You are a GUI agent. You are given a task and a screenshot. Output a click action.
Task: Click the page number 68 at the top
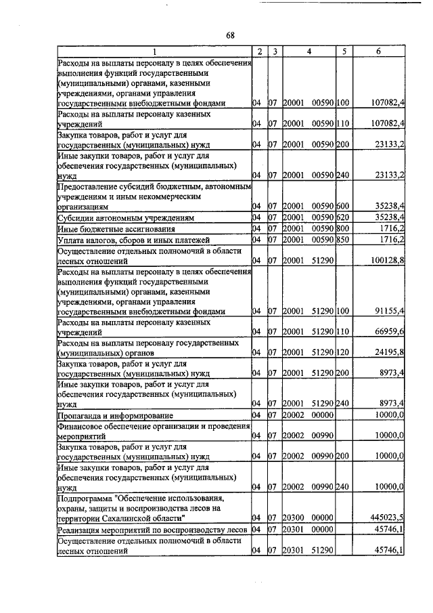click(230, 36)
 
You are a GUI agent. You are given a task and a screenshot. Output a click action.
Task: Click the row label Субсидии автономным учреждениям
click(126, 218)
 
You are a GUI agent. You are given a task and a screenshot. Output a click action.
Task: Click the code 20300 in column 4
click(293, 518)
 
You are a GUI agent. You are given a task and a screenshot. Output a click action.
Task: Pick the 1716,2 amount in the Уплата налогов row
click(390, 240)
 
